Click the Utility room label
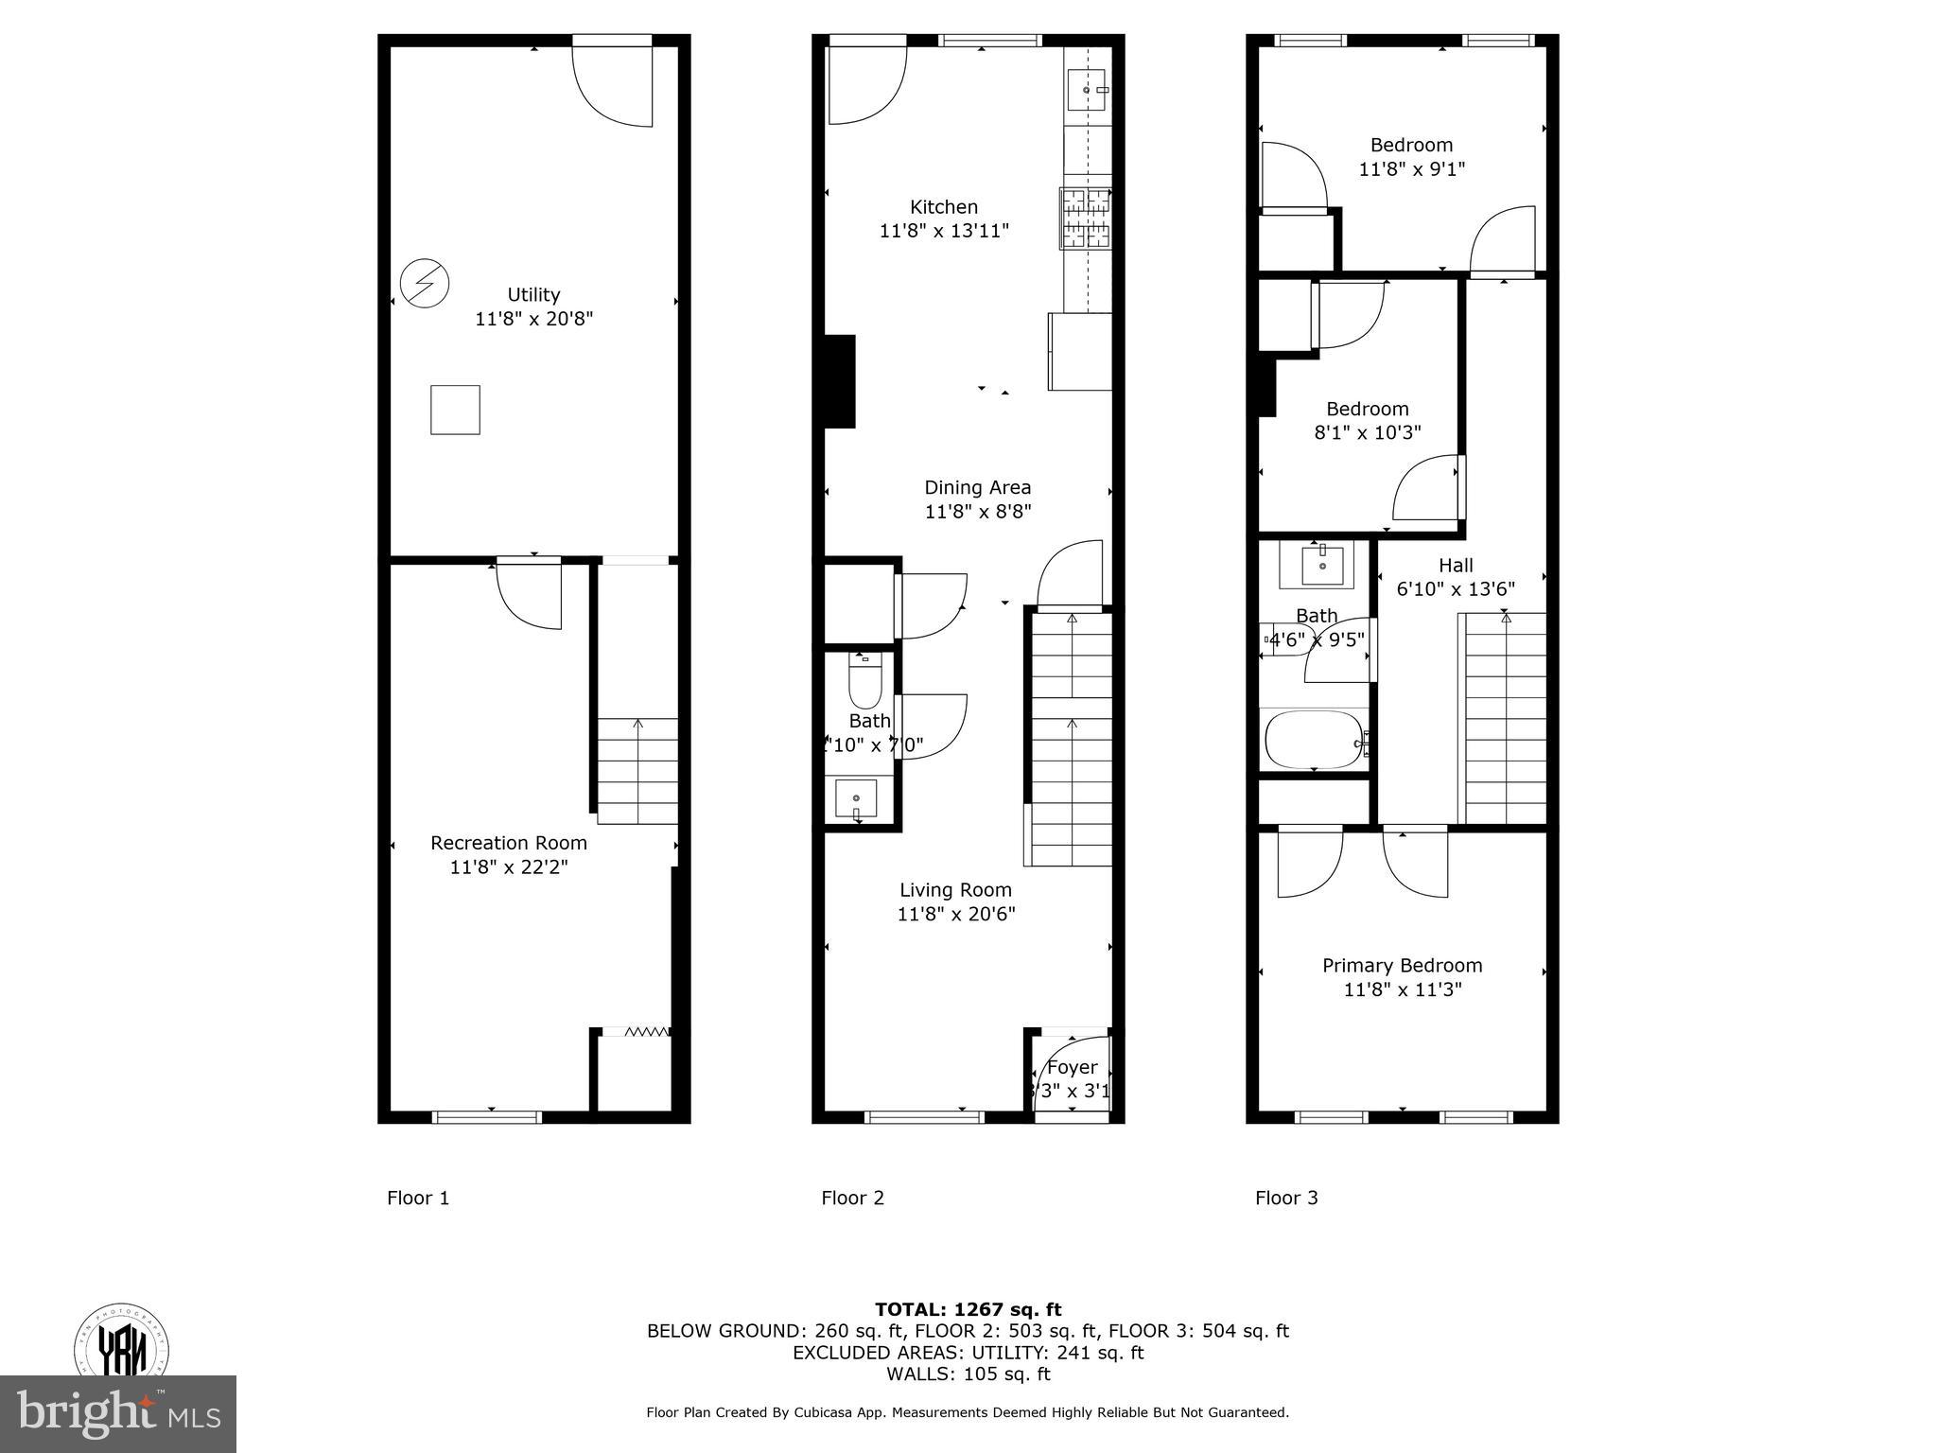533,294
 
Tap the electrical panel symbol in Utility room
424,283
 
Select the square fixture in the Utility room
455,410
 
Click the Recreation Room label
509,843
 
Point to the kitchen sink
1086,90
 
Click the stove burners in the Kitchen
1085,219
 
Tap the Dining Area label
977,487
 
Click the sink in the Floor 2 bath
856,799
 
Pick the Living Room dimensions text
956,914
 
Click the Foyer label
1072,1067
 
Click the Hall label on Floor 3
1456,565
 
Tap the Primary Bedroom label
1402,965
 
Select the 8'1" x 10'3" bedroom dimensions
1368,432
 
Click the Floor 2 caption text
852,1198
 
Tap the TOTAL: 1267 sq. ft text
968,1309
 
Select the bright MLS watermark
118,1414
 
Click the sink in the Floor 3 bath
1321,565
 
